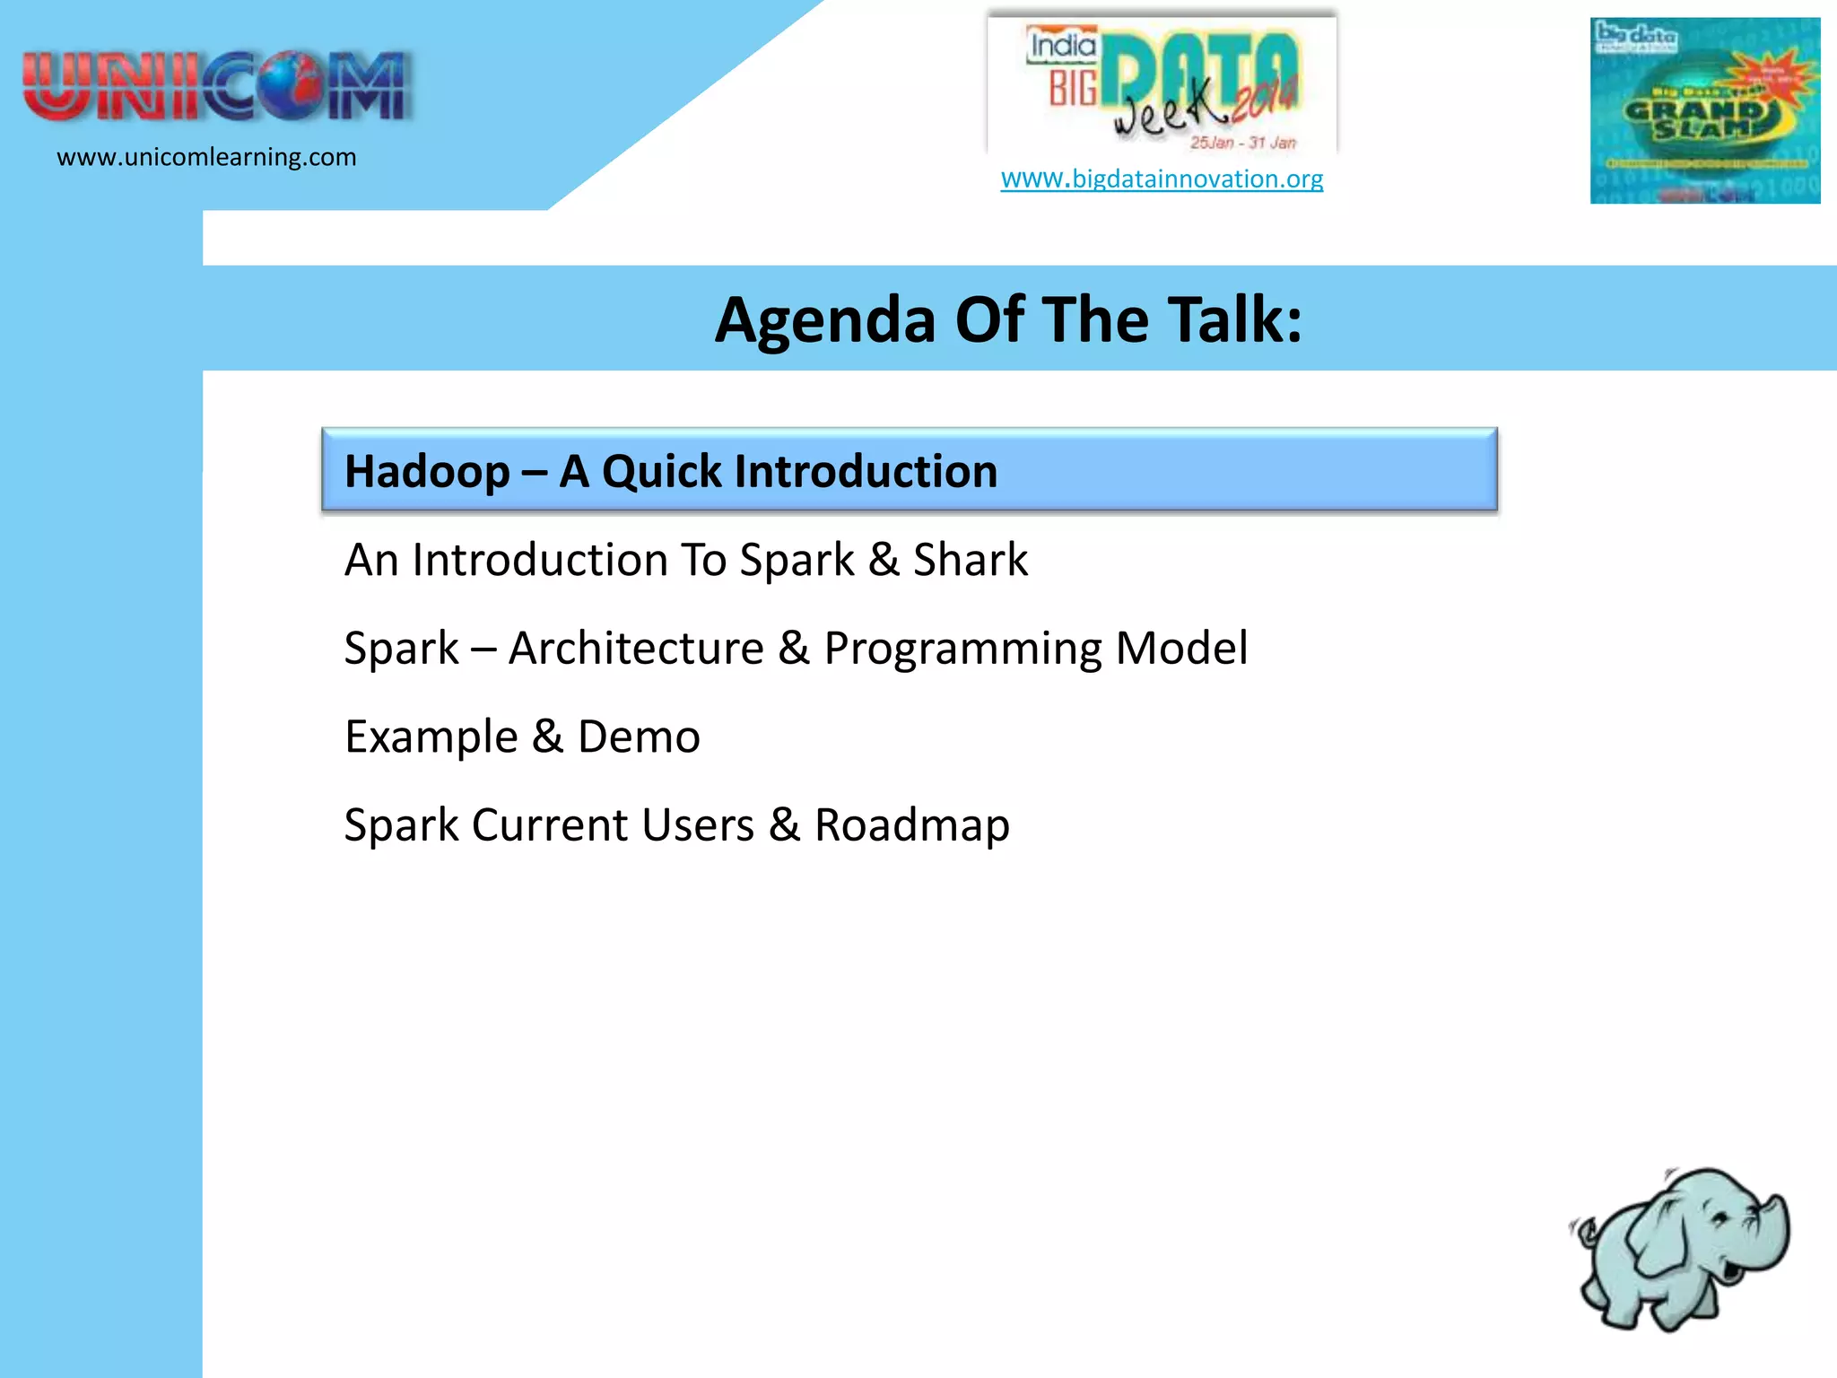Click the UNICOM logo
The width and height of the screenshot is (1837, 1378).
click(217, 87)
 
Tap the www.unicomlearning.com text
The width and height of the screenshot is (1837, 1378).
click(206, 157)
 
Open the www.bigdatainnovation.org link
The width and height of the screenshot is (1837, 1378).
click(1162, 179)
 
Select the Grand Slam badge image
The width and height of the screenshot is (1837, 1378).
click(1704, 110)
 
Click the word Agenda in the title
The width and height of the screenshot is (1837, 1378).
click(824, 320)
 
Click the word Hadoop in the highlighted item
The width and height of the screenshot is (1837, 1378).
click(427, 472)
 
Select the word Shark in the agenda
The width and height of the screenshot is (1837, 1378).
click(970, 560)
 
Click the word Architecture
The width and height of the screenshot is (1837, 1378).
click(636, 648)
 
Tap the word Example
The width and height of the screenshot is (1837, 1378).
click(431, 737)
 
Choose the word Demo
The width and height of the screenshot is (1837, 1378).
click(639, 737)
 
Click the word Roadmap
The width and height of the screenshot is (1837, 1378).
click(911, 825)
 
